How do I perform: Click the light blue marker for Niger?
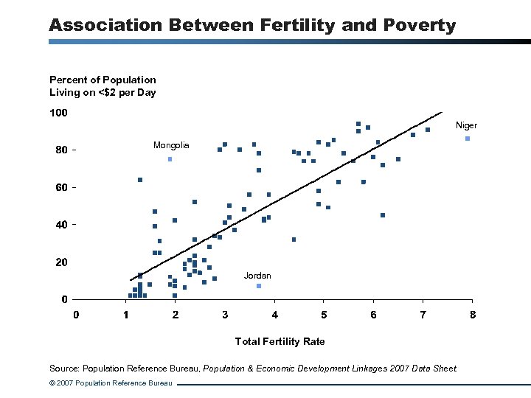(467, 139)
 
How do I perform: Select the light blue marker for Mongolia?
(170, 158)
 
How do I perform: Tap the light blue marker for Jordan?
(259, 285)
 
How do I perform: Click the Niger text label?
(466, 125)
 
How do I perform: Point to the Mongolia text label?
(171, 145)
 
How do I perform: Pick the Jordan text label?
(257, 276)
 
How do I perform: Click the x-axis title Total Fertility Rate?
(280, 341)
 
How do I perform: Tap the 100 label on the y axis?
(58, 113)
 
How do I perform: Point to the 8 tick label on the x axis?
(473, 315)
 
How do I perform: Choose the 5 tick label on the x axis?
(324, 315)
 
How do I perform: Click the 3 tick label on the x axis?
(225, 315)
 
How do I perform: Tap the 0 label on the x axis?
(76, 315)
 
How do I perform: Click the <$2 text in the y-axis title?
(110, 92)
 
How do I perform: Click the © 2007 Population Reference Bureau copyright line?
(111, 383)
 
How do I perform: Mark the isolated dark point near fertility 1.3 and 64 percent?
(140, 180)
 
